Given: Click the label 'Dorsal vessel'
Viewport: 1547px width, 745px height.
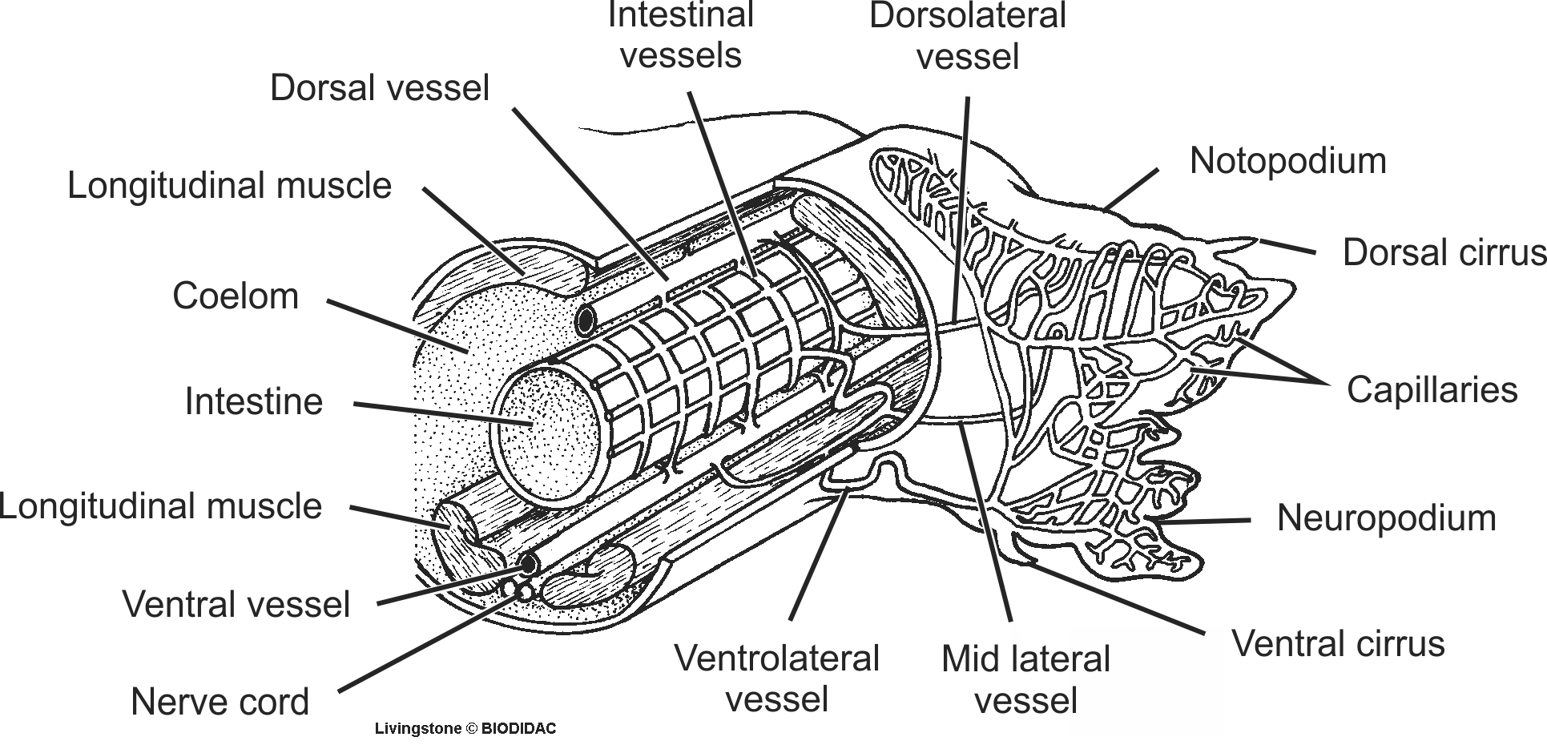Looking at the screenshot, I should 379,88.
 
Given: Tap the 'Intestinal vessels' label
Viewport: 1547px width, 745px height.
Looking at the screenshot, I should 681,35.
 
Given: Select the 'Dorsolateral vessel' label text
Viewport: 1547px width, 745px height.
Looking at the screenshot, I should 967,37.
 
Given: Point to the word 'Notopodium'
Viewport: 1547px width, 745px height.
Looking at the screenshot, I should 1287,161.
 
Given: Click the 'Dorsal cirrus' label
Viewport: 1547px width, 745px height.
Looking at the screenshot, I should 1444,252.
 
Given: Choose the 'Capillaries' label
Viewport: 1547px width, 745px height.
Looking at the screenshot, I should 1432,390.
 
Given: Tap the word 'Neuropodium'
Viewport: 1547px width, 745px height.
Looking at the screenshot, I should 1386,517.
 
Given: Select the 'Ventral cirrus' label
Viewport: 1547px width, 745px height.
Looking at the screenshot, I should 1338,643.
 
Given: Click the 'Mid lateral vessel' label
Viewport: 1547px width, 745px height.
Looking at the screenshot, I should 1025,679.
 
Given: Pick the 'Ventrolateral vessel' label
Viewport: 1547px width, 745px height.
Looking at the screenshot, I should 776,679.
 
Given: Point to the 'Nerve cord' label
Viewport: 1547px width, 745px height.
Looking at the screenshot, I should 220,702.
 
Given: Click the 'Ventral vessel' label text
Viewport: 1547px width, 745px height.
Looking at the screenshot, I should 236,604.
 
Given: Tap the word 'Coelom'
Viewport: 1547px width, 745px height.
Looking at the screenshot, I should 236,296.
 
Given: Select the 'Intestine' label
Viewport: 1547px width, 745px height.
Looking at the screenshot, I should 253,401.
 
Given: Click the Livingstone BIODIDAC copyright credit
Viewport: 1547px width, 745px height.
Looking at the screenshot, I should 465,729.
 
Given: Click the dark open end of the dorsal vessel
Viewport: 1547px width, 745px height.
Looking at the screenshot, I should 586,321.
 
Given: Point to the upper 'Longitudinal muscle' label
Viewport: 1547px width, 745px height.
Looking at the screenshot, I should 229,186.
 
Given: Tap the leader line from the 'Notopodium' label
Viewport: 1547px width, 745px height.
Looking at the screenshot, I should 1131,189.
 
